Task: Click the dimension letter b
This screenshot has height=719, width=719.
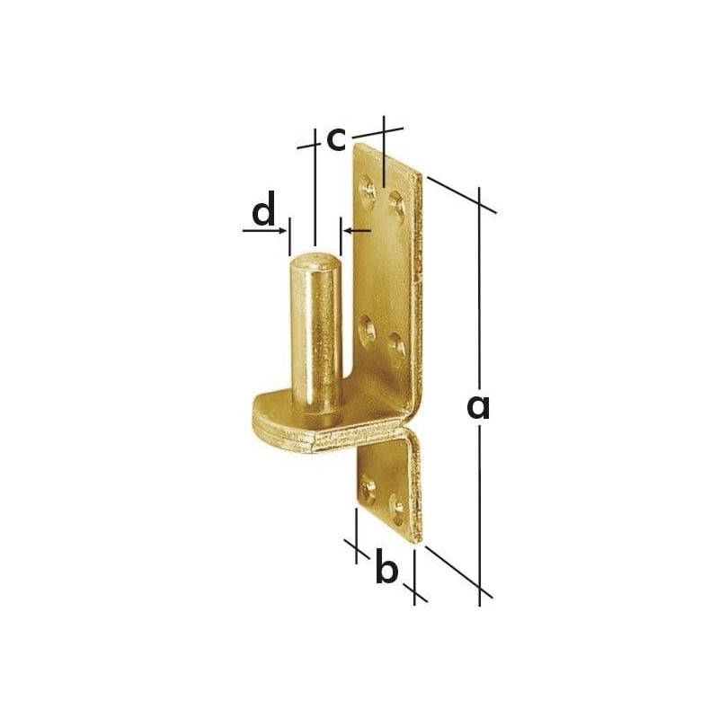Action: [x=386, y=565]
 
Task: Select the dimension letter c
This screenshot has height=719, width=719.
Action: [x=336, y=139]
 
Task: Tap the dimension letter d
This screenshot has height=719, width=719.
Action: [x=263, y=209]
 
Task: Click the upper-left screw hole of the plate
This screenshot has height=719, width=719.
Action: [x=368, y=187]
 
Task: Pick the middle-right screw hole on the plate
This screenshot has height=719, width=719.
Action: [x=396, y=345]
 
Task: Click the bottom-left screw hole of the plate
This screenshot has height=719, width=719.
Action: [x=368, y=489]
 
